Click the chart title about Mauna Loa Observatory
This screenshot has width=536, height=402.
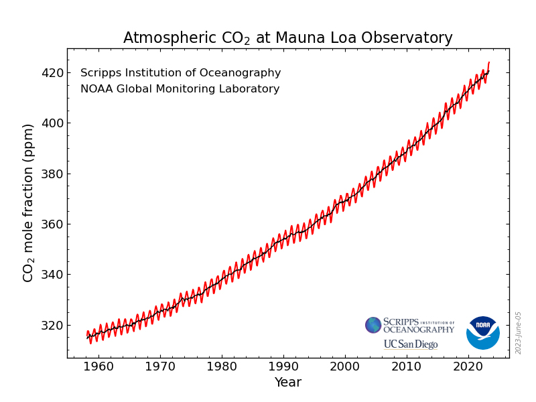tap(287, 38)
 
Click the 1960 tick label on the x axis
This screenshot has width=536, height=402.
tap(98, 366)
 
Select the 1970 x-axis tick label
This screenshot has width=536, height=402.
tap(160, 366)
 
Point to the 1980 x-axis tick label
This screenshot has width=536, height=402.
tap(222, 366)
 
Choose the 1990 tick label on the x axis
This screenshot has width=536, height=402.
tap(283, 366)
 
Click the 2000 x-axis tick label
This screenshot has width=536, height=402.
tap(345, 366)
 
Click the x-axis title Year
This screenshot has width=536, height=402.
tap(287, 383)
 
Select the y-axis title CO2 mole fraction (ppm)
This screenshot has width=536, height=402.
tap(28, 202)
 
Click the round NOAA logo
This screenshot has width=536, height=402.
tap(482, 332)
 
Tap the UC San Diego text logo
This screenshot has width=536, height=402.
tap(410, 344)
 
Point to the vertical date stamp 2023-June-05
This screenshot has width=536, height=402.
tap(519, 332)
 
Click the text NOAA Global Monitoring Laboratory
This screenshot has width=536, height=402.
tap(180, 89)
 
